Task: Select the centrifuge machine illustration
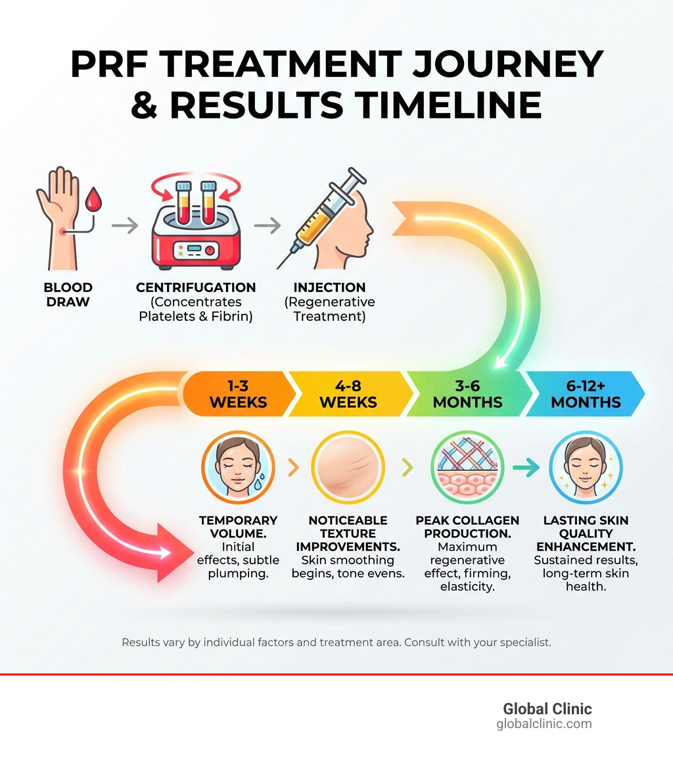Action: (x=195, y=227)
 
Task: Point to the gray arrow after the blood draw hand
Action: (x=125, y=226)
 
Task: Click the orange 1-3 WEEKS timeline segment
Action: (x=238, y=394)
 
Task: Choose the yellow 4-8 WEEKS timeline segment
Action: (x=348, y=394)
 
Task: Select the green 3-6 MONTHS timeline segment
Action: (x=467, y=394)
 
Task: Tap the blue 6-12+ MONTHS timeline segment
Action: (x=586, y=394)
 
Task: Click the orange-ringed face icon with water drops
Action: (x=238, y=468)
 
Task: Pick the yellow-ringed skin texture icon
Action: (x=348, y=468)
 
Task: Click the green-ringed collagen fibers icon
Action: (x=467, y=468)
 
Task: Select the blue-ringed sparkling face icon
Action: (x=586, y=468)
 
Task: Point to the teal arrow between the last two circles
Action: (x=525, y=468)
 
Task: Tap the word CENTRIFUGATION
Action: (x=196, y=287)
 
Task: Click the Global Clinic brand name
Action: (x=547, y=709)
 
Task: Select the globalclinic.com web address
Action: (x=544, y=724)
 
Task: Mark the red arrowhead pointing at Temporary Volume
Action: (x=168, y=552)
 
